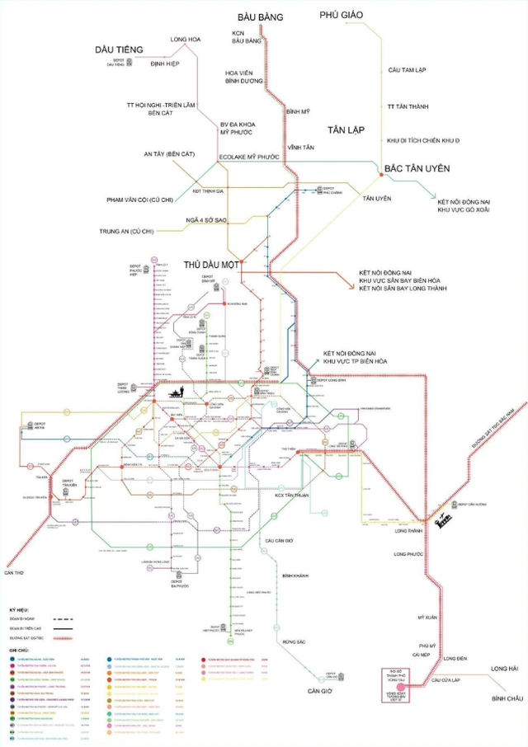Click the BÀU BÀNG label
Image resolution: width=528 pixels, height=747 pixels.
point(260,16)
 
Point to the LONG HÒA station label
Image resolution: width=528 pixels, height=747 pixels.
point(186,39)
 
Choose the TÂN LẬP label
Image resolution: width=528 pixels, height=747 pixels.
point(343,130)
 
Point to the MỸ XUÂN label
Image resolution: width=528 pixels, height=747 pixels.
point(426,616)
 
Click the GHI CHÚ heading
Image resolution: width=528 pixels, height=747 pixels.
point(17,651)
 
